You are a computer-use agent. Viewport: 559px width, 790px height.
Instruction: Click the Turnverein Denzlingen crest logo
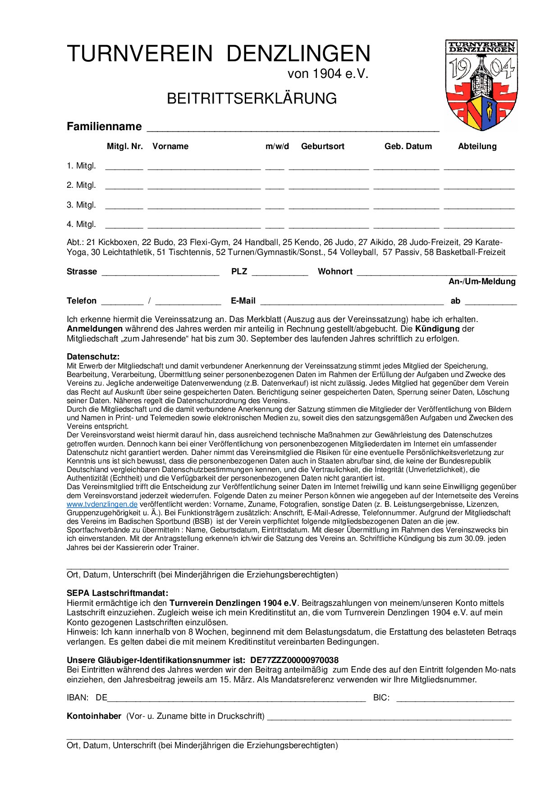481,85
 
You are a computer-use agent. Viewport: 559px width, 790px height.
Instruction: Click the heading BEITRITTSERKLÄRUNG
252,98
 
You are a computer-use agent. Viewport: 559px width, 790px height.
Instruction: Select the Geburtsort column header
322,146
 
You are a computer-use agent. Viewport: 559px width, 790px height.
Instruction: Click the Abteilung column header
477,146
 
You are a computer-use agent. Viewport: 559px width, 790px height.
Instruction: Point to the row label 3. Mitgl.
81,205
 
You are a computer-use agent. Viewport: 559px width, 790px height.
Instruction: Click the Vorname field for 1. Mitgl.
204,166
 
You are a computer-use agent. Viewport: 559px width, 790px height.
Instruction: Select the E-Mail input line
352,301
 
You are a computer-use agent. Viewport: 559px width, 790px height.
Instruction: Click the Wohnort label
335,272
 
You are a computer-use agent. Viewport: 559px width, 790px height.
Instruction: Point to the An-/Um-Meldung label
482,281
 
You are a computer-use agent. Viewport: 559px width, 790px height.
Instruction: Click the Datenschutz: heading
93,357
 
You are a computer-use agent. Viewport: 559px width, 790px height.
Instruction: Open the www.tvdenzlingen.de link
102,504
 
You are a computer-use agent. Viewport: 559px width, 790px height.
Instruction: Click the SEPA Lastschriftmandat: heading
117,593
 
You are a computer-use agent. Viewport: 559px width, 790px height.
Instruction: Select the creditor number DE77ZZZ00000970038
294,660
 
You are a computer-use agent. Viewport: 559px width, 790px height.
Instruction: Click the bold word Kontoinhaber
94,716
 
